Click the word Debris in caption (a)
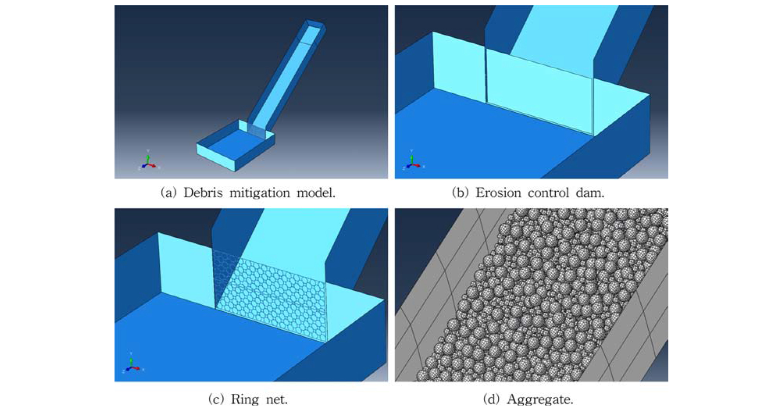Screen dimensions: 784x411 [x=203, y=193]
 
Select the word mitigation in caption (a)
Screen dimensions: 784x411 [x=260, y=193]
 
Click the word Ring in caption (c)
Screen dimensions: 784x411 [x=245, y=399]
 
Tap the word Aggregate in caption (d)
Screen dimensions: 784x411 [x=540, y=399]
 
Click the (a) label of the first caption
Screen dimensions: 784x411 [x=169, y=193]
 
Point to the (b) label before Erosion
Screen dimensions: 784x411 [x=460, y=193]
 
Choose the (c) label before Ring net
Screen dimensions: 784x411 [x=216, y=399]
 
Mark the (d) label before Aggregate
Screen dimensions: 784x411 [x=492, y=399]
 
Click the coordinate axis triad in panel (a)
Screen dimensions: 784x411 [x=148, y=161]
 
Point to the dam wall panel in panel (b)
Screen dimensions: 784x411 [x=540, y=92]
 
